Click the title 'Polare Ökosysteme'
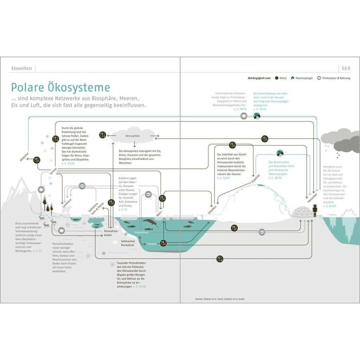(x=60, y=88)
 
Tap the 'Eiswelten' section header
(x=22, y=68)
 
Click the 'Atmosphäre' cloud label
(x=133, y=136)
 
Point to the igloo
(x=302, y=212)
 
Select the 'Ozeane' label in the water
(x=152, y=243)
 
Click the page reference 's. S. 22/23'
(x=68, y=163)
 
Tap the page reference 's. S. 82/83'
(x=330, y=206)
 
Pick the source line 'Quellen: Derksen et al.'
(x=220, y=299)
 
